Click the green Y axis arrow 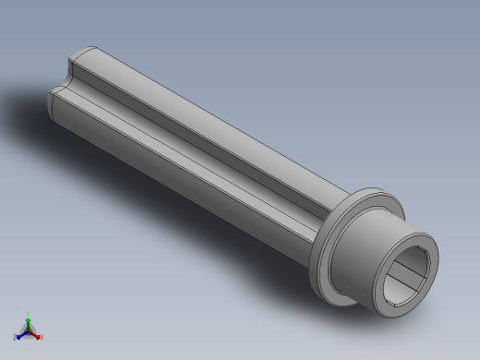[x=28, y=319]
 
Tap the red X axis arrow [x=35, y=333]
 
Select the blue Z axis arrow [x=21, y=334]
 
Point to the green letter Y [x=28, y=313]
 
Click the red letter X [x=41, y=337]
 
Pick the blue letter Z [x=15, y=338]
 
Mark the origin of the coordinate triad [x=28, y=329]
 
